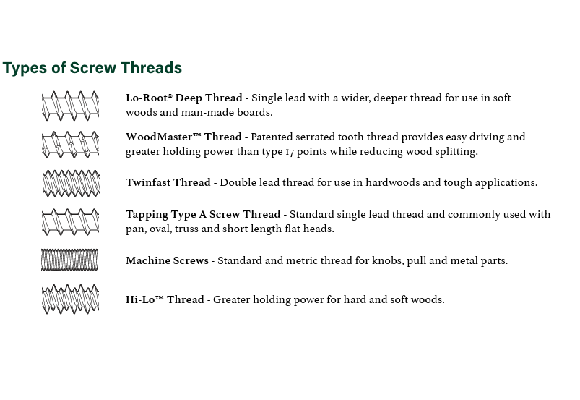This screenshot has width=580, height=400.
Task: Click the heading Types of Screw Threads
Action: click(x=92, y=68)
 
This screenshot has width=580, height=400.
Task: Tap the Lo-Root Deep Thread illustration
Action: click(x=70, y=106)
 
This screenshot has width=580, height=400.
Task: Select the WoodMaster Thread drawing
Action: click(x=70, y=145)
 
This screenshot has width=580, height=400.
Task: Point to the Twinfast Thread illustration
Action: click(x=71, y=183)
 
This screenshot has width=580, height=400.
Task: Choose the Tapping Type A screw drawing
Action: click(x=70, y=222)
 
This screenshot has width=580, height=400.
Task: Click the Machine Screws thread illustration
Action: click(x=69, y=260)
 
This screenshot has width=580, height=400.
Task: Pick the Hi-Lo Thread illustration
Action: click(x=70, y=299)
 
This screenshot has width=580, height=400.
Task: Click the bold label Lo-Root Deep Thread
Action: click(x=184, y=98)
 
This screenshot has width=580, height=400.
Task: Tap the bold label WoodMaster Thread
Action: click(x=183, y=137)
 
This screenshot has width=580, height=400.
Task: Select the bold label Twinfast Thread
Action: click(x=168, y=182)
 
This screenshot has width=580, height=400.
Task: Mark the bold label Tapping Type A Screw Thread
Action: click(x=203, y=214)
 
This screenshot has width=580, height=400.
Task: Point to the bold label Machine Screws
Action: click(x=167, y=260)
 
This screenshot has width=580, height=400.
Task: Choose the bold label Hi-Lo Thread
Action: click(x=165, y=299)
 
